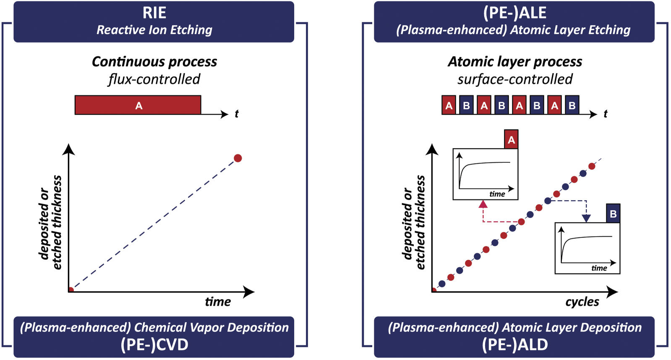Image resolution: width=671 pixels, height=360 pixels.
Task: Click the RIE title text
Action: [x=154, y=13]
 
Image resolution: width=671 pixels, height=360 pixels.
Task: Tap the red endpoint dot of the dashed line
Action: [x=238, y=158]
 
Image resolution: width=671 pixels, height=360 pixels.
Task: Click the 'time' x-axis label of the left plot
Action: [x=218, y=302]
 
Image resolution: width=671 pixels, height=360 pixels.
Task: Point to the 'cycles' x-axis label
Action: [x=582, y=302]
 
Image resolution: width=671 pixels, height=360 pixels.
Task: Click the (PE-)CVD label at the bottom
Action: [x=154, y=344]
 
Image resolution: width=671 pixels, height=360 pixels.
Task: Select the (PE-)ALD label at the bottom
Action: [x=514, y=344]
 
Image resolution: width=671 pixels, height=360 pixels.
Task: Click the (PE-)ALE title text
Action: [x=514, y=13]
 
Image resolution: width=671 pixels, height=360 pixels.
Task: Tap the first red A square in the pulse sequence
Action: [x=449, y=105]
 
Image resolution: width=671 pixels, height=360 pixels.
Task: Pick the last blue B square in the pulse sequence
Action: [x=572, y=105]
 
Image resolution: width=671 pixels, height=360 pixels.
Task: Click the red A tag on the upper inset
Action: [x=511, y=140]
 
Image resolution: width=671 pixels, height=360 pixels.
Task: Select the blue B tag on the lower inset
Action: [x=613, y=214]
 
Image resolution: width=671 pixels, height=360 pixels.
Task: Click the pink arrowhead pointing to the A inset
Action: [x=483, y=204]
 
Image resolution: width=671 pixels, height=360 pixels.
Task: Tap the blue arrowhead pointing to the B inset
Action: [x=586, y=218]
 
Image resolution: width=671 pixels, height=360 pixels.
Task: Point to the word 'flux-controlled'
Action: [x=154, y=79]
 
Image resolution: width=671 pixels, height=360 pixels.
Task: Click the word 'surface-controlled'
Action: [x=514, y=79]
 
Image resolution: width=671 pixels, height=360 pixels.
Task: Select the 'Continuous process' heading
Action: [x=154, y=62]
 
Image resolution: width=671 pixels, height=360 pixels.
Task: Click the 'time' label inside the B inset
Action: [x=599, y=268]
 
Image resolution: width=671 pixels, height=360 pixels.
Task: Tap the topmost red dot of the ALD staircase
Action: [x=592, y=166]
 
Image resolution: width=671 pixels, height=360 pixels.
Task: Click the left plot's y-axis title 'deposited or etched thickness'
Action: [x=51, y=222]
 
